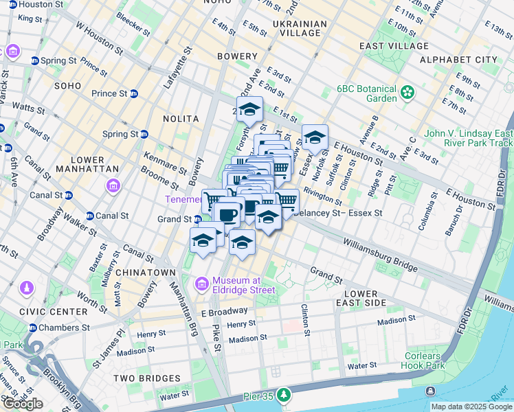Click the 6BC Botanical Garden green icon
[408, 91]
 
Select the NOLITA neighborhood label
[181, 119]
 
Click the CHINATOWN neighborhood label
[145, 273]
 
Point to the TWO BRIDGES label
[146, 378]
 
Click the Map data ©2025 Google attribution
[471, 407]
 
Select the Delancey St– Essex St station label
[337, 213]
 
